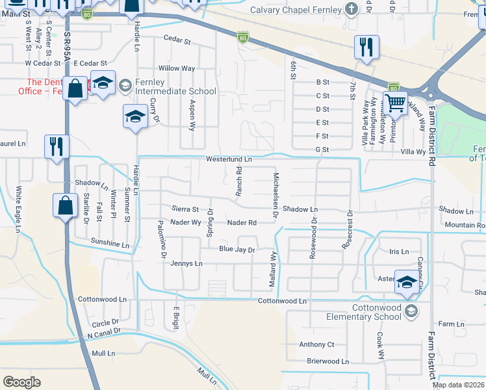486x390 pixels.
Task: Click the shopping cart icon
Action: tap(395, 103)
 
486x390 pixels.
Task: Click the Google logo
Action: tap(22, 382)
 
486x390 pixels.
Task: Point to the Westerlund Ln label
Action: tap(229, 159)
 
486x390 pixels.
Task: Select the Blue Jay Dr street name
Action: tap(237, 249)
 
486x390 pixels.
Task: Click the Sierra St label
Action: tap(185, 209)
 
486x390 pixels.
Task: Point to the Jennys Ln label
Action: tap(186, 264)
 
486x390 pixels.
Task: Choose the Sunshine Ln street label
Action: tap(110, 244)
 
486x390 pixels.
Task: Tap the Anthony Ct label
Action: tap(316, 344)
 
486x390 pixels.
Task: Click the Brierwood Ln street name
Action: tap(327, 361)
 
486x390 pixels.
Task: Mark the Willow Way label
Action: tap(177, 68)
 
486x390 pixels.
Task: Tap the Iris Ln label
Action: tap(398, 252)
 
